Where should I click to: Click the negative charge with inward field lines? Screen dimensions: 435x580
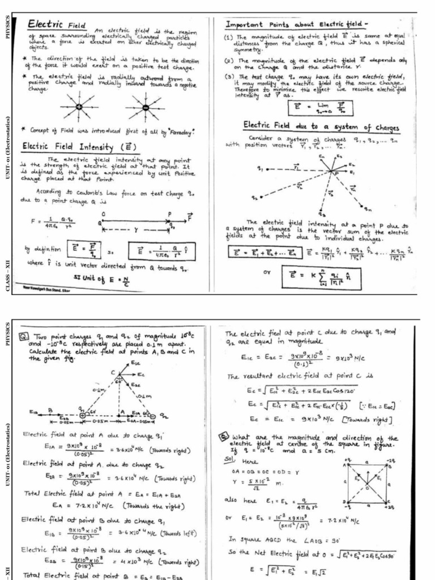[x=146, y=107]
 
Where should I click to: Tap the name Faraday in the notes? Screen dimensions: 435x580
[x=179, y=131]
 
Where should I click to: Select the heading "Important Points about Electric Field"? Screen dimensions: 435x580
[x=297, y=25]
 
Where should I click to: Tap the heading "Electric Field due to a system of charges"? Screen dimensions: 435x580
[x=321, y=126]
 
